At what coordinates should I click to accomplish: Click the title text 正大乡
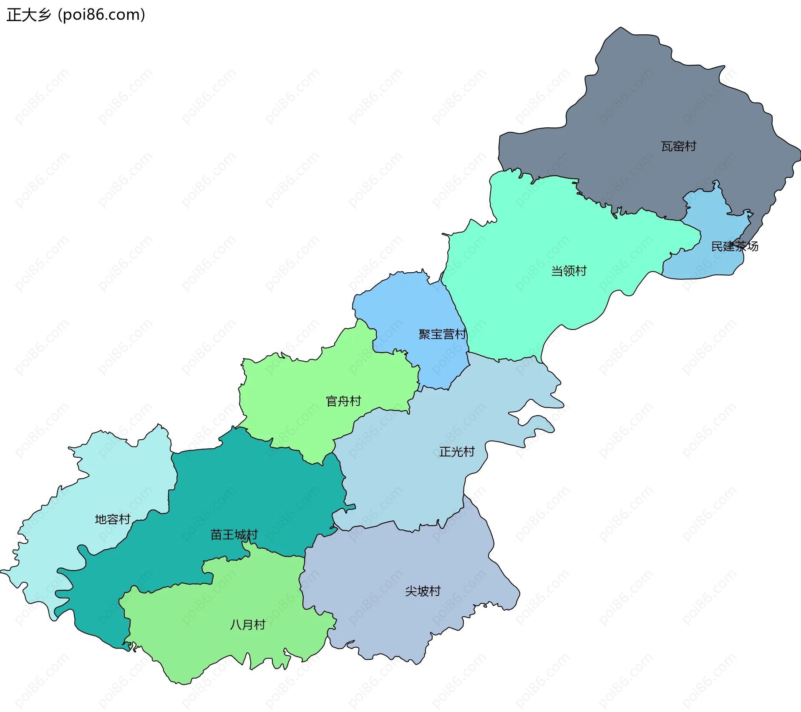point(28,15)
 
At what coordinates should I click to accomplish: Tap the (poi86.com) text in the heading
point(101,15)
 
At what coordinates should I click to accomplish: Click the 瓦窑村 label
point(678,146)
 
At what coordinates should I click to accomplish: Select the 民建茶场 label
point(734,246)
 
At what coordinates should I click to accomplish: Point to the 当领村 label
point(569,271)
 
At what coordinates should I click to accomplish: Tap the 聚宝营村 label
point(442,334)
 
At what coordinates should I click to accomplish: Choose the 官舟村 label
point(343,401)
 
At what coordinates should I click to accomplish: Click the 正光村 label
point(457,451)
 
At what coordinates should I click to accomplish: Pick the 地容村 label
point(113,519)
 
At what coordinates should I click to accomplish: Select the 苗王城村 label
point(234,535)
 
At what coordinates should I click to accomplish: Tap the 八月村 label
point(248,625)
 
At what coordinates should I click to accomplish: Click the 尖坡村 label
point(423,591)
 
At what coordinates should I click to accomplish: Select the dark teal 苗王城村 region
point(259,489)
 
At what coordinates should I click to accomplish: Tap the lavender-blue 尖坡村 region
point(396,618)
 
